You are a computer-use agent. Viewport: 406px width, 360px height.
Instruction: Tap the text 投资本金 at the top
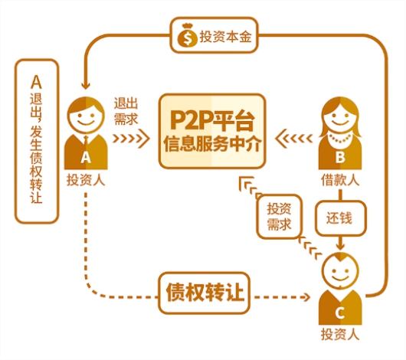225,37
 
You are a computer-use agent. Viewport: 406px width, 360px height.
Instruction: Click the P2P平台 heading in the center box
212,120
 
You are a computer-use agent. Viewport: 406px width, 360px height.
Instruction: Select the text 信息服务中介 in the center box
212,144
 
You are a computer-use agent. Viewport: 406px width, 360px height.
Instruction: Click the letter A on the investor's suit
86,157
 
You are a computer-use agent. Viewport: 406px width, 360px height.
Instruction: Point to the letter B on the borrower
340,157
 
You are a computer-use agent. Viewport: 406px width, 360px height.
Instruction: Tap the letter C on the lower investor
339,313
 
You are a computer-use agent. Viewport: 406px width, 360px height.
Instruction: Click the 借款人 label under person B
340,180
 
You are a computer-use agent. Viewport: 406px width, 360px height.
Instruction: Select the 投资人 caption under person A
86,180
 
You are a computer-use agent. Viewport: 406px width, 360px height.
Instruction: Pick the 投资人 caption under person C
340,334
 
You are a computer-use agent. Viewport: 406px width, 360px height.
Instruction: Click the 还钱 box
340,218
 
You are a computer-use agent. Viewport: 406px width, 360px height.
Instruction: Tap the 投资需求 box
279,217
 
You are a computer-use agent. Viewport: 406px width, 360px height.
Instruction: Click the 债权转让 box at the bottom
205,293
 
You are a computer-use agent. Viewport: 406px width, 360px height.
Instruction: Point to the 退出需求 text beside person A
126,111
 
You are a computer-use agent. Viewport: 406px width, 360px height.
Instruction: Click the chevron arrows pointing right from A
131,139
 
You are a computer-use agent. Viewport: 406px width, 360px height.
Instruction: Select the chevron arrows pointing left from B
294,139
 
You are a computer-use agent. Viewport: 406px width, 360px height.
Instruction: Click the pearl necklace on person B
340,139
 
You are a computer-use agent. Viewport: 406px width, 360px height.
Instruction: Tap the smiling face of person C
340,271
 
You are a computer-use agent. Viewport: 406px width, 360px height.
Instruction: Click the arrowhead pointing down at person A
86,86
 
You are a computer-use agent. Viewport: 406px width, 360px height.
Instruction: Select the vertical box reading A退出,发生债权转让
37,141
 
